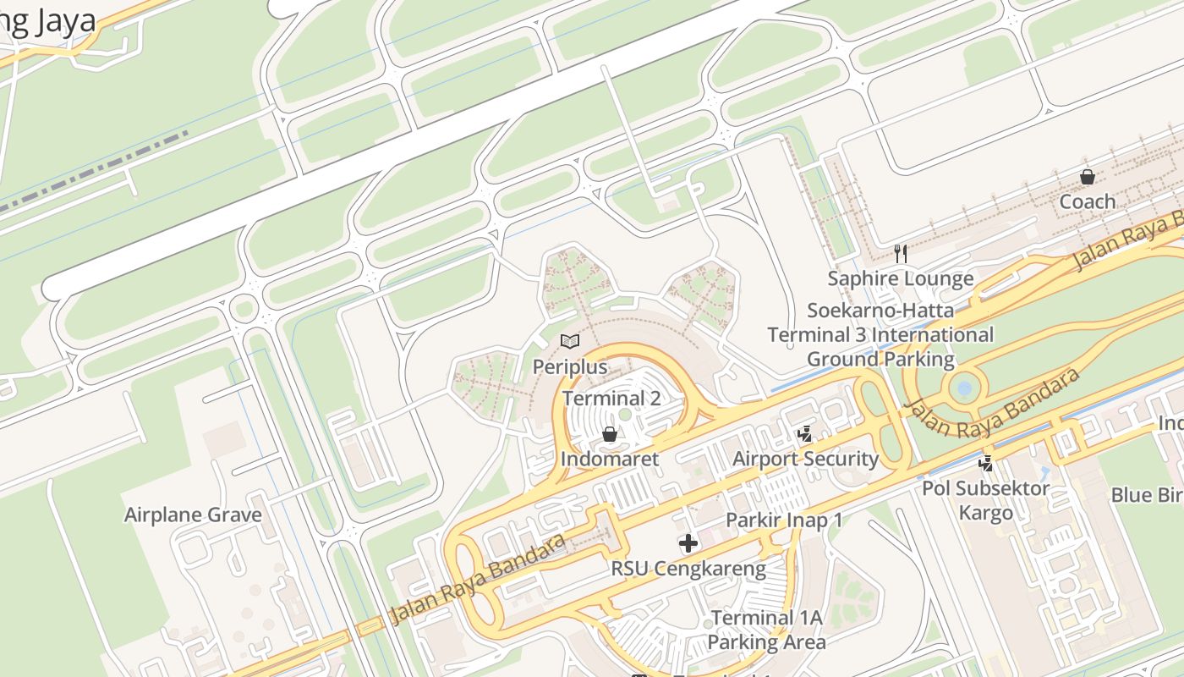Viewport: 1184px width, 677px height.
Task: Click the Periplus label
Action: (x=570, y=366)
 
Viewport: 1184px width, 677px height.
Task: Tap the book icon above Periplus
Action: (x=570, y=341)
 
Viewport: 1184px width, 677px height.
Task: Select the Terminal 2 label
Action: (x=611, y=398)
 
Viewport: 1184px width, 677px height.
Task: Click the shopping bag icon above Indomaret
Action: (x=609, y=434)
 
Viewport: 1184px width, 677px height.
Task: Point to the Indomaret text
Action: (x=609, y=459)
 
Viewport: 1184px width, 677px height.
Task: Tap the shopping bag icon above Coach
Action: (x=1087, y=177)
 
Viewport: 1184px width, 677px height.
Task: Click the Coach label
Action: (x=1087, y=201)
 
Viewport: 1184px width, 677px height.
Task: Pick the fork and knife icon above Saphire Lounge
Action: (x=901, y=253)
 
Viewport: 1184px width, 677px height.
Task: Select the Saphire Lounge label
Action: (x=901, y=278)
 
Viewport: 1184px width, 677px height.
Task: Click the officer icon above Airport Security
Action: (x=805, y=434)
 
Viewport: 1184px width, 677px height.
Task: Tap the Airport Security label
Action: (x=805, y=459)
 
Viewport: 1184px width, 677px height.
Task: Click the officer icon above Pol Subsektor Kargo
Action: (x=985, y=463)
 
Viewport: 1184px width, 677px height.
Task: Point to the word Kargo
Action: (x=985, y=513)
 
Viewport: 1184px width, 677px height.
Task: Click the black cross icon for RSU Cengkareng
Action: (x=688, y=543)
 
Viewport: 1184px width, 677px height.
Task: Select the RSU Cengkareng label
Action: (x=688, y=569)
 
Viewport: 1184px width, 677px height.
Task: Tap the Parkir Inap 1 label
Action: (x=784, y=520)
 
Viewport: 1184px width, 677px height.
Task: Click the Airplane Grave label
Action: (x=193, y=515)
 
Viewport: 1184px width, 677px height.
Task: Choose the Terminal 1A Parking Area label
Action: (x=766, y=630)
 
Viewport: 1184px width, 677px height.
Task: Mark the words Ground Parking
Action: (x=880, y=359)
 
